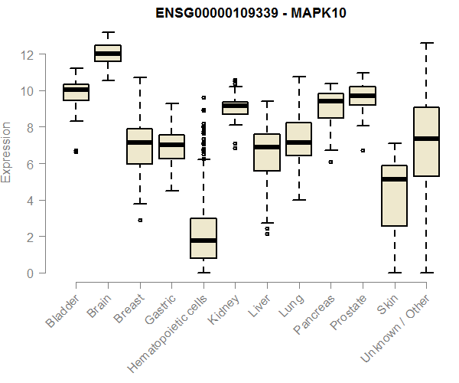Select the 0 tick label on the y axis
click(30, 273)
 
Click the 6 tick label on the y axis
click(30, 164)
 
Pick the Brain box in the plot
click(107, 53)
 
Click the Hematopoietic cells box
click(203, 238)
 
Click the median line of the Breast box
click(139, 142)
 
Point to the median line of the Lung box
click(298, 142)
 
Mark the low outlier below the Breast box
click(139, 220)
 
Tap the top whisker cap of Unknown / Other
click(426, 43)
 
